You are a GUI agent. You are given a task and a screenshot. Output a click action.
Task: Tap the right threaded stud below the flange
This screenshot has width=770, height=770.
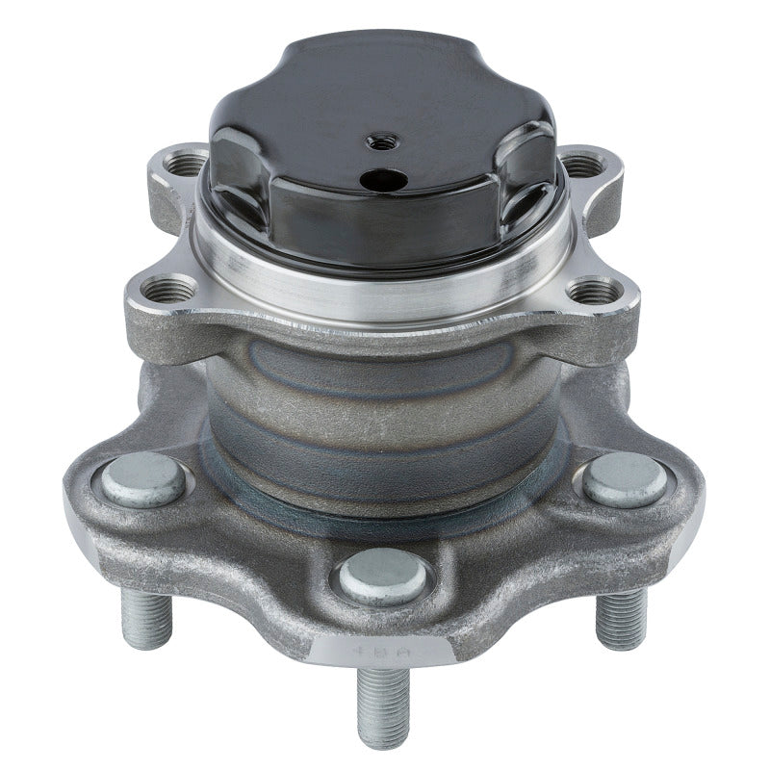(618, 616)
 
